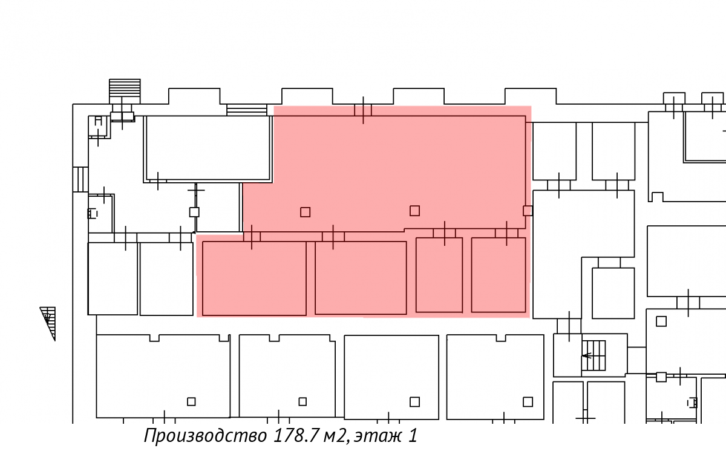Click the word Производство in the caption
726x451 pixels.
pyautogui.click(x=205, y=436)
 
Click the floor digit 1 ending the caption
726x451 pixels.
pyautogui.click(x=413, y=435)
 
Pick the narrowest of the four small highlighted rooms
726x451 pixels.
pyautogui.click(x=439, y=275)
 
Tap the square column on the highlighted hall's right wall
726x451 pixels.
pyautogui.click(x=528, y=211)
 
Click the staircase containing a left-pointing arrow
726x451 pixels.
pyautogui.click(x=594, y=355)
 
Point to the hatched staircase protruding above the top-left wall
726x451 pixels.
pyautogui.click(x=125, y=91)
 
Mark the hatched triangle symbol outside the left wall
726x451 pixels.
pyautogui.click(x=48, y=323)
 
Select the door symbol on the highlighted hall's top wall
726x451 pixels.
pyautogui.click(x=363, y=110)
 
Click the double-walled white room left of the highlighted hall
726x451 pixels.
pyautogui.click(x=208, y=149)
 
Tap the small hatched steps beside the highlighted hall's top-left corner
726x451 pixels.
pyautogui.click(x=247, y=110)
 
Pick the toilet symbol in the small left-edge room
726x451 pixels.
pyautogui.click(x=93, y=214)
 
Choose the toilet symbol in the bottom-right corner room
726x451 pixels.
pyautogui.click(x=692, y=403)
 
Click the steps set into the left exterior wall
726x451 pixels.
pyautogui.click(x=80, y=179)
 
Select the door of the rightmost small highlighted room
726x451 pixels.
pyautogui.click(x=506, y=233)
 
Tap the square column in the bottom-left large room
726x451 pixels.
pyautogui.click(x=191, y=402)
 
